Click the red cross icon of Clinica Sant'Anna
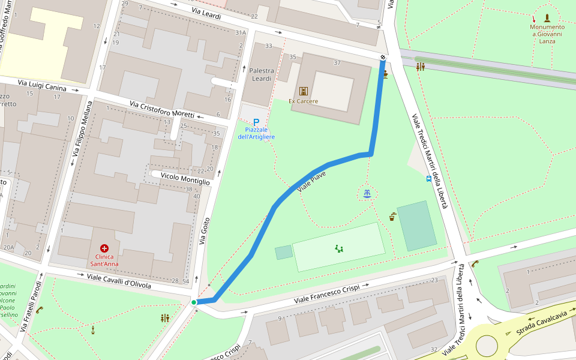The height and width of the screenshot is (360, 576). (x=104, y=248)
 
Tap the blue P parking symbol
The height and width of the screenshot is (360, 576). (x=256, y=122)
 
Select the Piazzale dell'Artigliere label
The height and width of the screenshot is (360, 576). (x=256, y=133)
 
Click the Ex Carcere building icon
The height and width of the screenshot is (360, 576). (x=304, y=91)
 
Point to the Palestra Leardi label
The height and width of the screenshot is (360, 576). (x=262, y=74)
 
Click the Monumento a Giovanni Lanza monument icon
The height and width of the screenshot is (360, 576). (x=547, y=17)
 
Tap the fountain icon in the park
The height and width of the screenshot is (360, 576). (x=367, y=193)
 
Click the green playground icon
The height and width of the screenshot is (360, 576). (x=339, y=248)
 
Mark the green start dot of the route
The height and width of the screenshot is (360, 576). (x=194, y=302)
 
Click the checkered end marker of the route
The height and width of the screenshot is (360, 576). (x=383, y=58)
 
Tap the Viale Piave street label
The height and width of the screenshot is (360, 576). (x=311, y=181)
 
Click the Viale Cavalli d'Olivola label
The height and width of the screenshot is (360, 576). (x=119, y=280)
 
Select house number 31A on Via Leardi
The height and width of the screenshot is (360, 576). (x=241, y=32)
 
